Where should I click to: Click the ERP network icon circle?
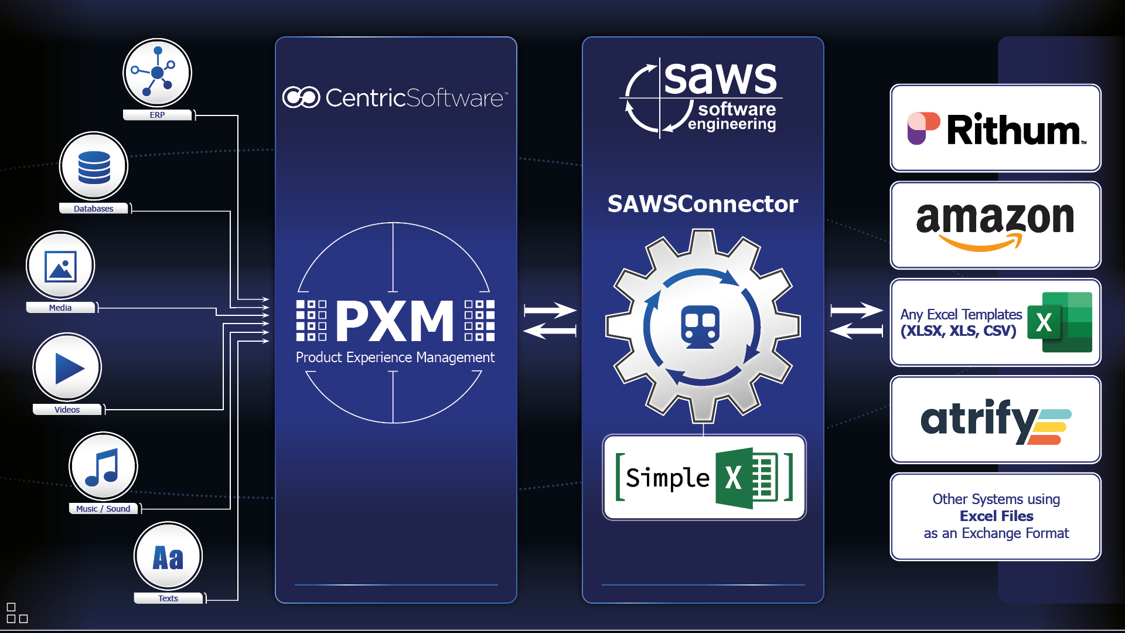[157, 73]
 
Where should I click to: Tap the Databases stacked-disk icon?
[94, 166]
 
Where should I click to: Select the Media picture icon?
[60, 266]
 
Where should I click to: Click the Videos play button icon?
[67, 367]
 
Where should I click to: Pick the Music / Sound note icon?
[103, 467]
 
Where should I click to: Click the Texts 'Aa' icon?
[168, 556]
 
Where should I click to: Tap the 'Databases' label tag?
[94, 209]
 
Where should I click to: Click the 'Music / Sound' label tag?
[104, 509]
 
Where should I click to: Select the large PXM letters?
[395, 321]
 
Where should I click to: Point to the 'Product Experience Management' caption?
[395, 358]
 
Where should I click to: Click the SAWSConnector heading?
[703, 204]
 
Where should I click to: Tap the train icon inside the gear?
[700, 326]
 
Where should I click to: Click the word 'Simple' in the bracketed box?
[667, 478]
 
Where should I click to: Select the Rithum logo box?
[996, 128]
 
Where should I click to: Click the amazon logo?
[996, 224]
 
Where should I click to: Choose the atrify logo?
[996, 420]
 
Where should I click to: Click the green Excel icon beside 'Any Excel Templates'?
[1059, 322]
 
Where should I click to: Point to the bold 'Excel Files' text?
[996, 516]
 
